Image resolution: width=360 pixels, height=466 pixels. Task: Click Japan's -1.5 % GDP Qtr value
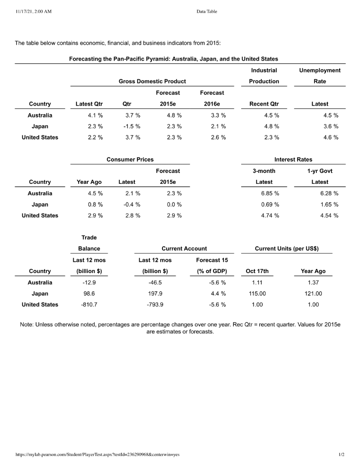tap(132, 127)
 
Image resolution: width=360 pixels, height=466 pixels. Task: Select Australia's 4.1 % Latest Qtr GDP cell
tap(95, 116)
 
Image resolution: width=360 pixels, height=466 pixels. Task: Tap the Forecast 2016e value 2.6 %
tap(218, 137)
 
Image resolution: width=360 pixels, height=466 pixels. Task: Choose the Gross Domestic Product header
tap(152, 81)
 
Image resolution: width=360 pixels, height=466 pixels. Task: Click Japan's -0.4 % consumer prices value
tap(132, 205)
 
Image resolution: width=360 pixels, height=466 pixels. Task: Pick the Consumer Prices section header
tap(130, 160)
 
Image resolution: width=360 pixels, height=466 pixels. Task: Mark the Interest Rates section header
tap(293, 160)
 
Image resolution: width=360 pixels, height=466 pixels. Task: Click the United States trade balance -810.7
tap(89, 305)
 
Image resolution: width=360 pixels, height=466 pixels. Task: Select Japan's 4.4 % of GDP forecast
tap(218, 294)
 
